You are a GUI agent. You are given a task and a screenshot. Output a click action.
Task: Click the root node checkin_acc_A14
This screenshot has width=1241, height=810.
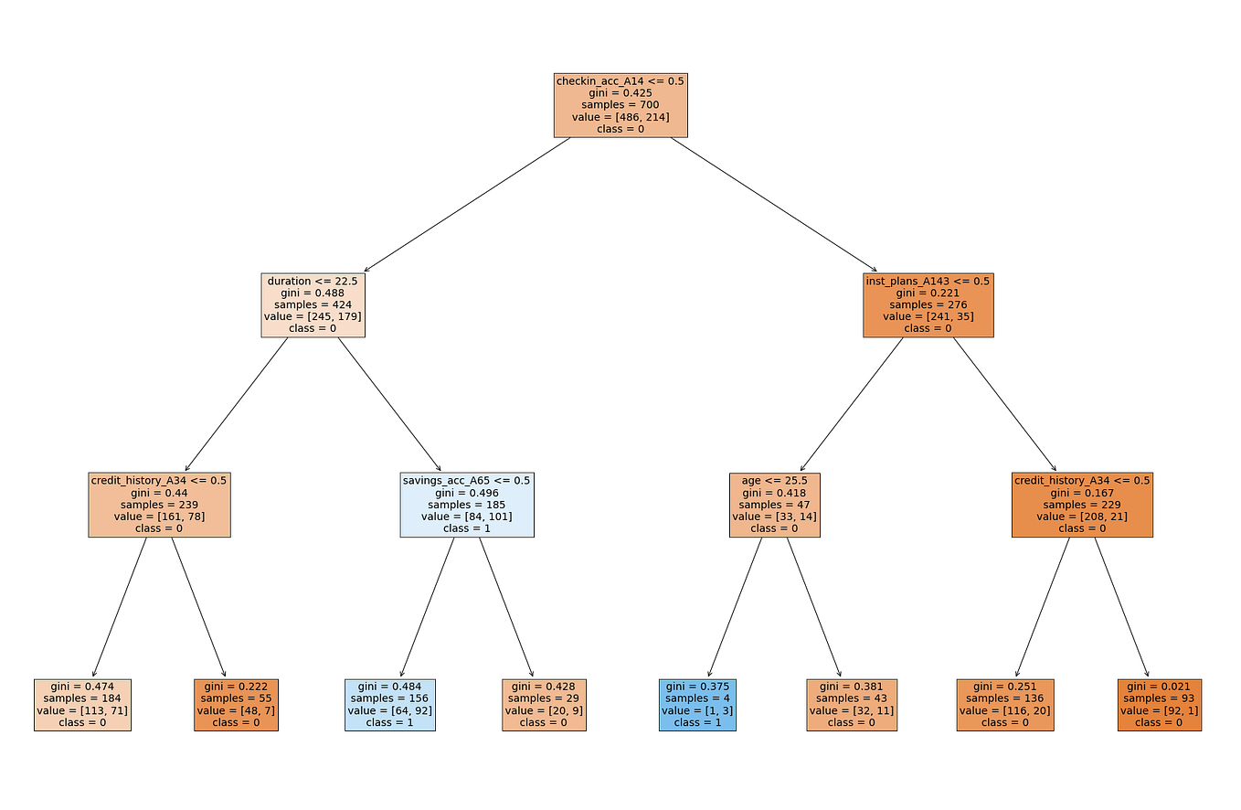(x=620, y=105)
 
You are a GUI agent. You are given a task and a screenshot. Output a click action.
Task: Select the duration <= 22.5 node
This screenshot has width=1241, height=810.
(x=313, y=304)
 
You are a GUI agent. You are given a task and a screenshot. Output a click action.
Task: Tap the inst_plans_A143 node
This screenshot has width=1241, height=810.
(x=928, y=304)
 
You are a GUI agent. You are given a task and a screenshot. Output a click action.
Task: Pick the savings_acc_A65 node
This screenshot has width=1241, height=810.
(x=467, y=504)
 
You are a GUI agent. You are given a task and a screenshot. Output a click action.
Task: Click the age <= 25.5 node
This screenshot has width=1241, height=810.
(x=774, y=504)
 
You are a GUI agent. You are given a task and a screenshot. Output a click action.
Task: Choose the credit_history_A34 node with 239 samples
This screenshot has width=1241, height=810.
(x=159, y=504)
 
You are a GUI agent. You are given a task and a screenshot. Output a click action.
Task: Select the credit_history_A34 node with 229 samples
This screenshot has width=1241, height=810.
(x=1082, y=504)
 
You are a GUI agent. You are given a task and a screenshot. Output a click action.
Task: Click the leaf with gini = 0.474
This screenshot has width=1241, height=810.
(x=82, y=704)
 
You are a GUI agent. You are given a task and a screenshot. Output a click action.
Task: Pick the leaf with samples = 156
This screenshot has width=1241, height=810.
(x=390, y=704)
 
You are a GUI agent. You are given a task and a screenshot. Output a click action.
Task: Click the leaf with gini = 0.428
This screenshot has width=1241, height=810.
(x=544, y=704)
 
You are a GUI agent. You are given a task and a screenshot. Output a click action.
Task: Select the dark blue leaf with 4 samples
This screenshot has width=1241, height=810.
(x=696, y=704)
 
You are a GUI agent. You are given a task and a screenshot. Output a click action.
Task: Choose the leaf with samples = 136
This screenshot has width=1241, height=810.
(x=1004, y=704)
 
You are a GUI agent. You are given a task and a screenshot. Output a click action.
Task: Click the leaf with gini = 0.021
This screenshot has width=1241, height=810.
(x=1159, y=704)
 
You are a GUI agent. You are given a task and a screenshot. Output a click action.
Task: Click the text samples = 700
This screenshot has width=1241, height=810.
(x=620, y=105)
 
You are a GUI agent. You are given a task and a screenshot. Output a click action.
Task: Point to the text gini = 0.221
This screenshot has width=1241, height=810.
(x=928, y=293)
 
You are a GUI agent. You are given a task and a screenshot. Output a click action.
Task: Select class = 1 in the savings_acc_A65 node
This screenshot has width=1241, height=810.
(x=467, y=528)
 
